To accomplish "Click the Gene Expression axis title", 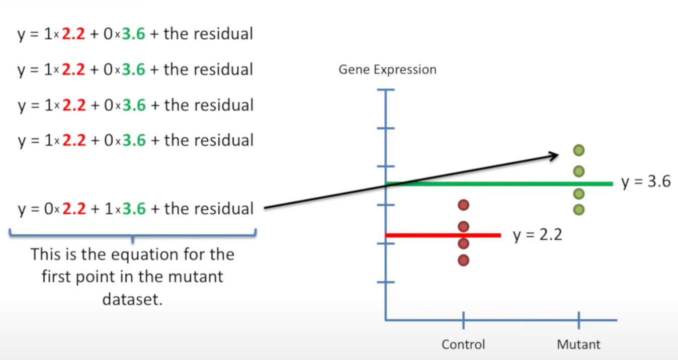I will pyautogui.click(x=387, y=69).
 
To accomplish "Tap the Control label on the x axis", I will pyautogui.click(x=463, y=344).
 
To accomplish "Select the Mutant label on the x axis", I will pyautogui.click(x=578, y=344).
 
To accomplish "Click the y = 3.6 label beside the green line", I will pyautogui.click(x=646, y=182).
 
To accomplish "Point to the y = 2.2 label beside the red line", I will pyautogui.click(x=537, y=235).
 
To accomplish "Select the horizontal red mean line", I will pyautogui.click(x=443, y=235).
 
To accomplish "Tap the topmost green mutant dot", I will pyautogui.click(x=579, y=150).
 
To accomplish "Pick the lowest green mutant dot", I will pyautogui.click(x=579, y=209).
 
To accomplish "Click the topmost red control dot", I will pyautogui.click(x=463, y=205).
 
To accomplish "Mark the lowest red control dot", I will pyautogui.click(x=463, y=260).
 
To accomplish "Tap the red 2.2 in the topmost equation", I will pyautogui.click(x=73, y=34).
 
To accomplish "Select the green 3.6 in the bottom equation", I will pyautogui.click(x=133, y=209).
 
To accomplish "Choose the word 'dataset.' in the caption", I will pyautogui.click(x=133, y=300).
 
